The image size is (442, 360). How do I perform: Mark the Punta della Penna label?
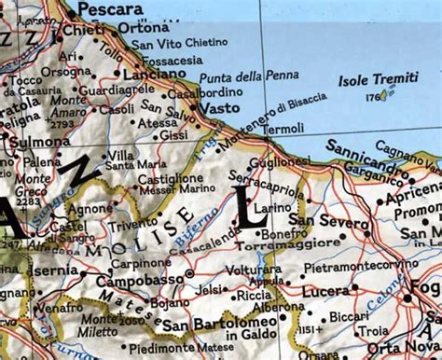tap(242, 76)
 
